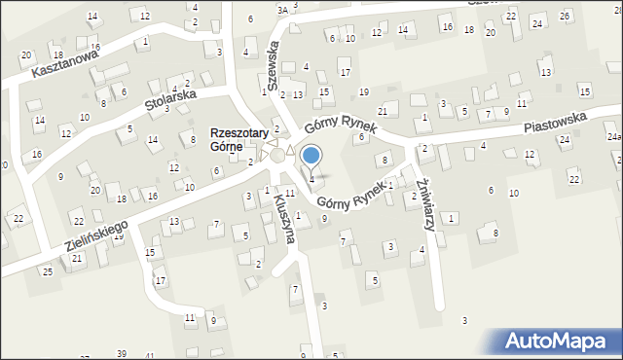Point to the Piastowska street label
555,121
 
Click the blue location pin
311,156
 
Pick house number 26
566,17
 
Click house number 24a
613,137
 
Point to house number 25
47,270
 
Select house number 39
122,353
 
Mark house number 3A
282,10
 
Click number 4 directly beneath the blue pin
311,179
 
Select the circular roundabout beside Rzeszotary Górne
278,155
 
